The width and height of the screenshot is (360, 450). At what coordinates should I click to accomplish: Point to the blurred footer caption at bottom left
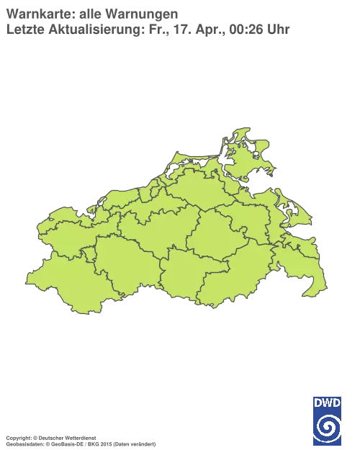79,437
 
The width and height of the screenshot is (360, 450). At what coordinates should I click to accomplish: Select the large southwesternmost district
61,281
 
